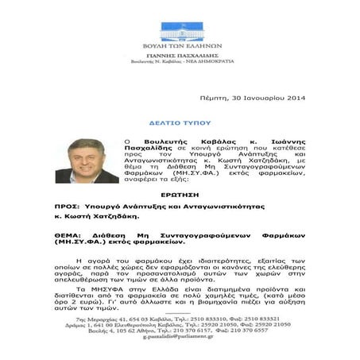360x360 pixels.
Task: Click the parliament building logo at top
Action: [x=180, y=30]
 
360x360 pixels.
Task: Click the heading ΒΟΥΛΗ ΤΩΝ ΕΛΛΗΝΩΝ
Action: [x=181, y=47]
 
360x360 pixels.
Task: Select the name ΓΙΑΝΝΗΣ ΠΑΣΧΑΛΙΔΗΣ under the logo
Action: [x=181, y=55]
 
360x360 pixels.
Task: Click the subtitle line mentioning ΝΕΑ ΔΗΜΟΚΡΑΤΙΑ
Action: [x=181, y=62]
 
